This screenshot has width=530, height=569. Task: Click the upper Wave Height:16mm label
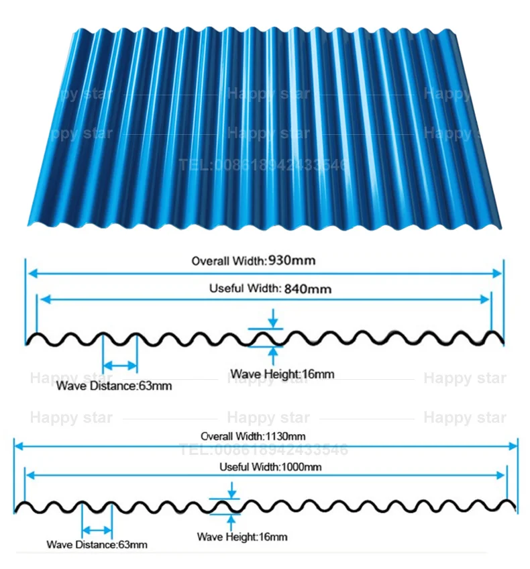tap(282, 374)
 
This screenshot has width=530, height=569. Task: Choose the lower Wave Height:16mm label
tap(242, 537)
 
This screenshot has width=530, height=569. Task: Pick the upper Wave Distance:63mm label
tap(114, 386)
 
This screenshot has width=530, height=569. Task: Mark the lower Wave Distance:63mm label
tap(97, 544)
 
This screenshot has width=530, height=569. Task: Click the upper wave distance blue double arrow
tap(120, 366)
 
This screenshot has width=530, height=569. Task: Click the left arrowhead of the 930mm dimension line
tap(31, 273)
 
